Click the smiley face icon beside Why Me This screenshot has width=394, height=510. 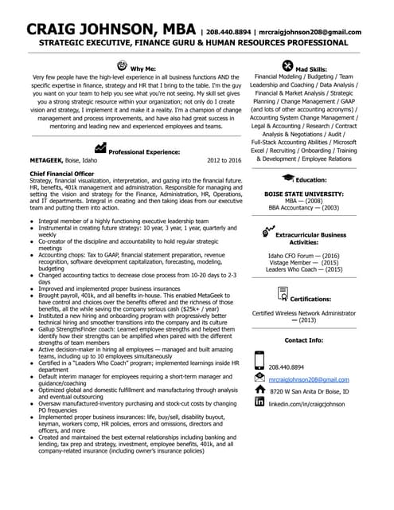pyautogui.click(x=122, y=64)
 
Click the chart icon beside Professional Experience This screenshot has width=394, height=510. pyautogui.click(x=100, y=147)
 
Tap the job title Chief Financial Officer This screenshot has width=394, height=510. pyautogui.click(x=62, y=173)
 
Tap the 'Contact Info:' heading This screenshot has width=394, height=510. pyautogui.click(x=304, y=340)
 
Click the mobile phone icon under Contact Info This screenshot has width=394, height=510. pyautogui.click(x=259, y=362)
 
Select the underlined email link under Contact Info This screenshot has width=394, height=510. pyautogui.click(x=309, y=379)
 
